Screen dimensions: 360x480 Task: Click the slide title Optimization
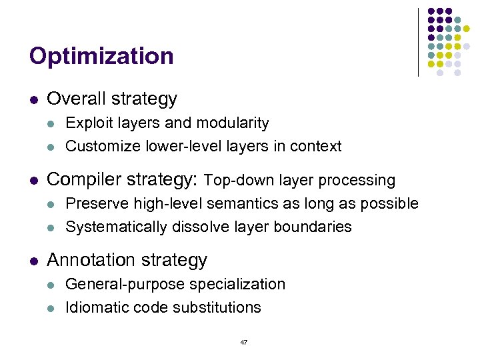[101, 56]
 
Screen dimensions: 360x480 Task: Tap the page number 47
[243, 342]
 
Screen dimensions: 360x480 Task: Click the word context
[317, 147]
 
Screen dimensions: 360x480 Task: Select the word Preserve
[95, 203]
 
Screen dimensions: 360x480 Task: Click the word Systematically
[117, 227]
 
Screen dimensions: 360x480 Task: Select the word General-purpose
[120, 285]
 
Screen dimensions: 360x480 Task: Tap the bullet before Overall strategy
[33, 100]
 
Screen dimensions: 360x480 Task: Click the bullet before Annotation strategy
[33, 261]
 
